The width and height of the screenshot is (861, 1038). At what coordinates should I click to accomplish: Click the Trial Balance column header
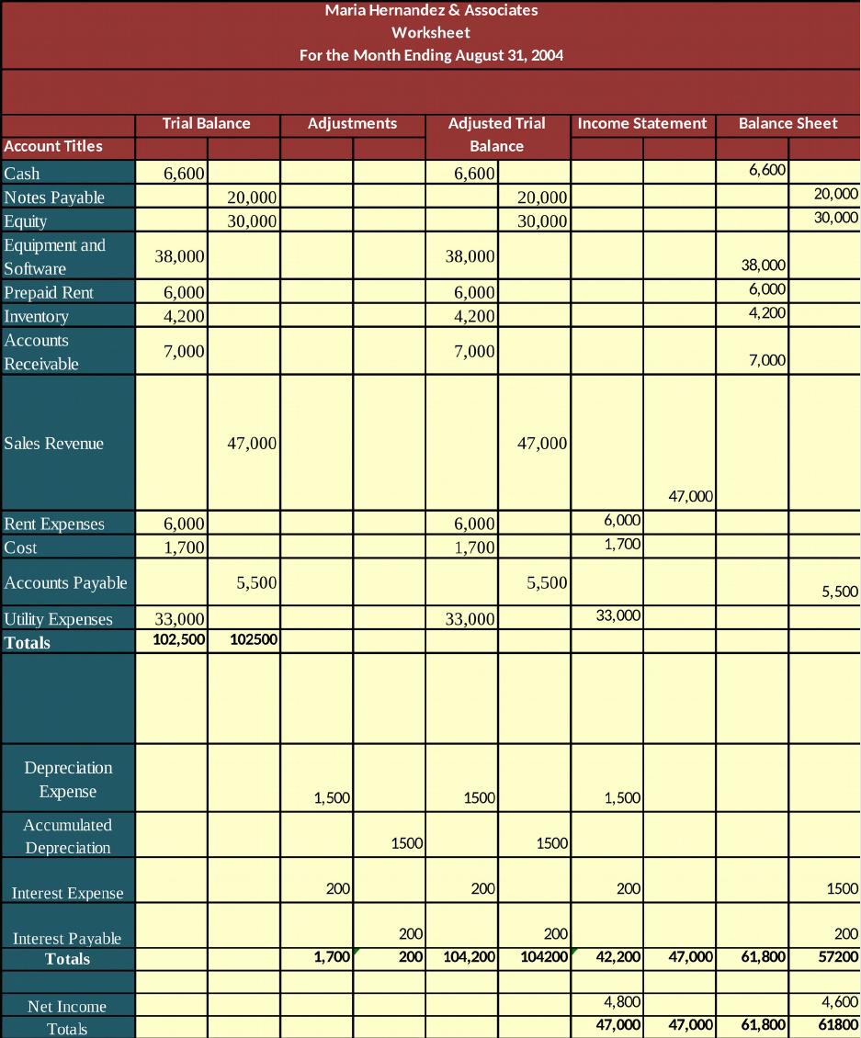point(207,123)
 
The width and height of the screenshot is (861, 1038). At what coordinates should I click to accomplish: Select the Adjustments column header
point(352,123)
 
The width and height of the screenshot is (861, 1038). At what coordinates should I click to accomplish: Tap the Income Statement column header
point(642,123)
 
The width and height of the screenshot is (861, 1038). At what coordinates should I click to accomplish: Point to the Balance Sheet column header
point(788,123)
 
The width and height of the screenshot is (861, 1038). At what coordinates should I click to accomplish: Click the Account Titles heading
point(53,146)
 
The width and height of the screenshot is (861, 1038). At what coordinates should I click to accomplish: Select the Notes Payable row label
point(54,197)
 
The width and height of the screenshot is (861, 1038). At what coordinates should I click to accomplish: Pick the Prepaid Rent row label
point(49,293)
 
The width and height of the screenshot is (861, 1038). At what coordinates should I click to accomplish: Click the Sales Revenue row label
point(53,444)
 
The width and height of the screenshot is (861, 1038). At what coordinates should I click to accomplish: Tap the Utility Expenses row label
point(58,619)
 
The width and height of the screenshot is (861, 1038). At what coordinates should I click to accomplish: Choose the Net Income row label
point(67,1006)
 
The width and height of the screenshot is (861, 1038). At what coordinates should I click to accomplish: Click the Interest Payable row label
point(67,938)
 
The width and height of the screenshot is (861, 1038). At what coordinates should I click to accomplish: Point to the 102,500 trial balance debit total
point(179,639)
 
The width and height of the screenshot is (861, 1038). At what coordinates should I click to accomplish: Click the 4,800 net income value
point(622,1001)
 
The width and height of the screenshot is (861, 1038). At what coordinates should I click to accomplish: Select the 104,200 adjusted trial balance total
point(469,956)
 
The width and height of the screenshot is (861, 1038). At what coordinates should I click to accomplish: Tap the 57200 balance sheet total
point(838,956)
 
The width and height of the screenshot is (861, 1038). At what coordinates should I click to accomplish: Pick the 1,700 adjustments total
point(332,956)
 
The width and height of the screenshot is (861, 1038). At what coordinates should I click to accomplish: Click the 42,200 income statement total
point(618,956)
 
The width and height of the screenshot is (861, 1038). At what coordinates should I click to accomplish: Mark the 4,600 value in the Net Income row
point(840,1001)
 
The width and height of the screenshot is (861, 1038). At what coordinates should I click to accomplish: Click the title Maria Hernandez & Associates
point(431,10)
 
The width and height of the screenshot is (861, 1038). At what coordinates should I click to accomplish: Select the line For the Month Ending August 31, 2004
point(431,55)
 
